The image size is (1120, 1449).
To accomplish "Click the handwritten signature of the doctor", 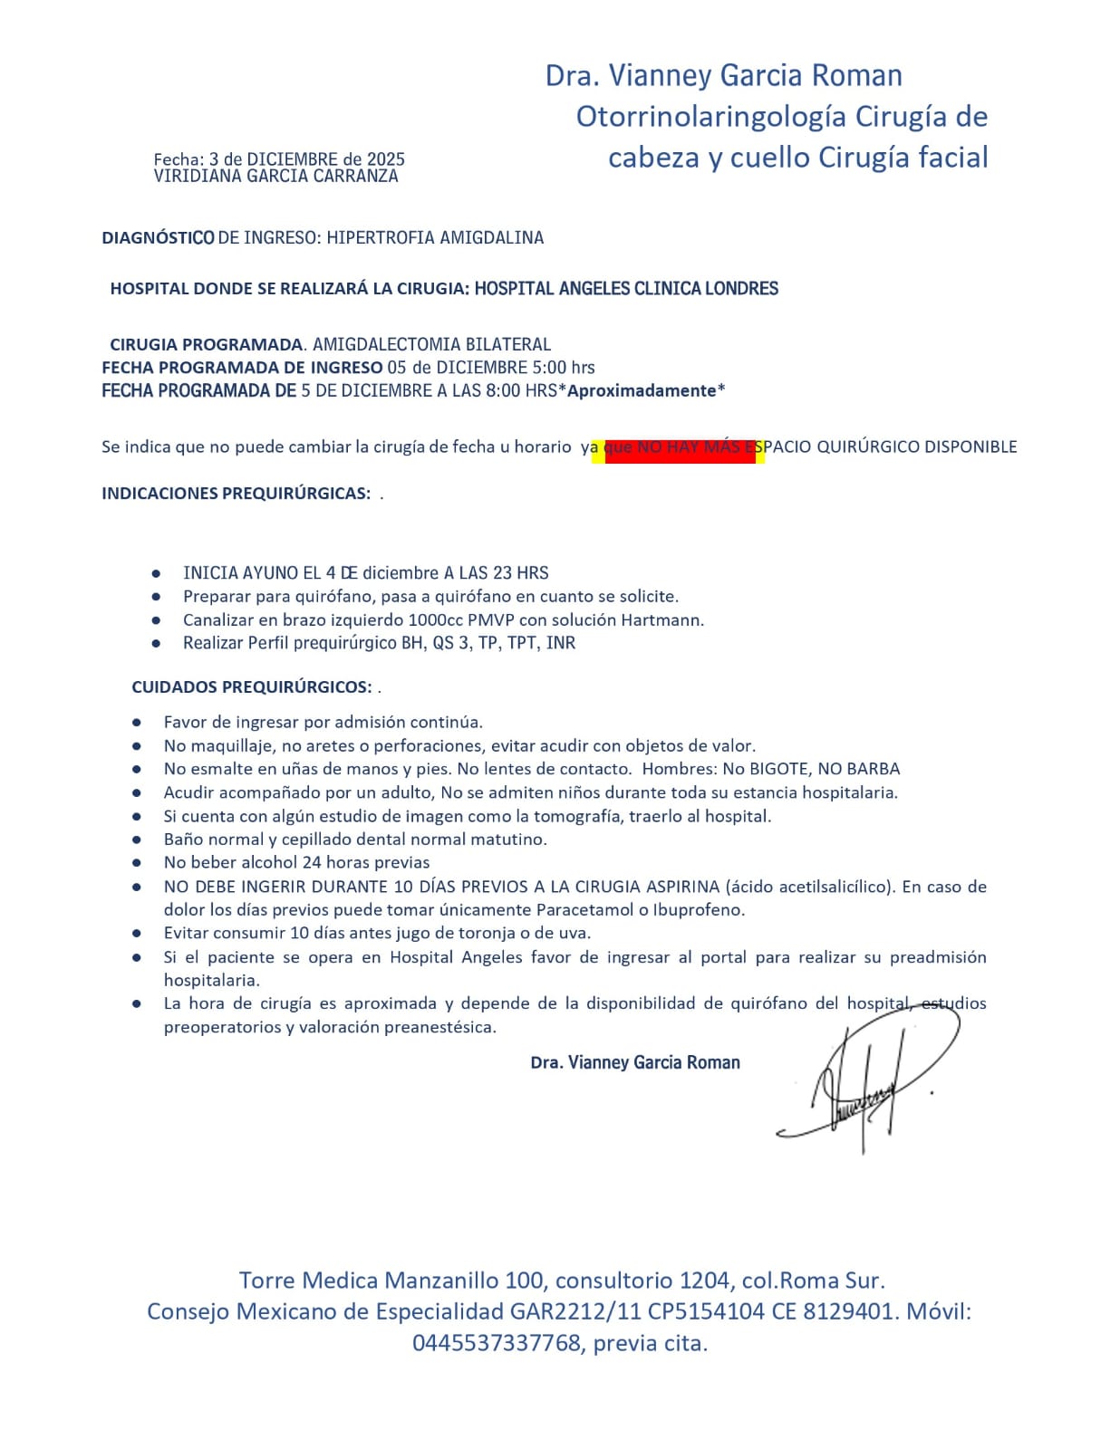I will (865, 1082).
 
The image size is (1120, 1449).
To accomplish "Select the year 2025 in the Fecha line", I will (386, 160).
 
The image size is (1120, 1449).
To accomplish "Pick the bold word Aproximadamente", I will (642, 391).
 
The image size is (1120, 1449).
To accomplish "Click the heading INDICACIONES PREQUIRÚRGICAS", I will (236, 494).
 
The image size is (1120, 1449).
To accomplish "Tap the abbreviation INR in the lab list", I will (561, 643).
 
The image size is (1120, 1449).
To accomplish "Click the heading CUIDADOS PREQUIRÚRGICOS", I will (251, 687).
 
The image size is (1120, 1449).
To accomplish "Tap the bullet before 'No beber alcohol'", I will (137, 864).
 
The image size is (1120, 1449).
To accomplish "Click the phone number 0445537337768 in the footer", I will (497, 1343).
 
